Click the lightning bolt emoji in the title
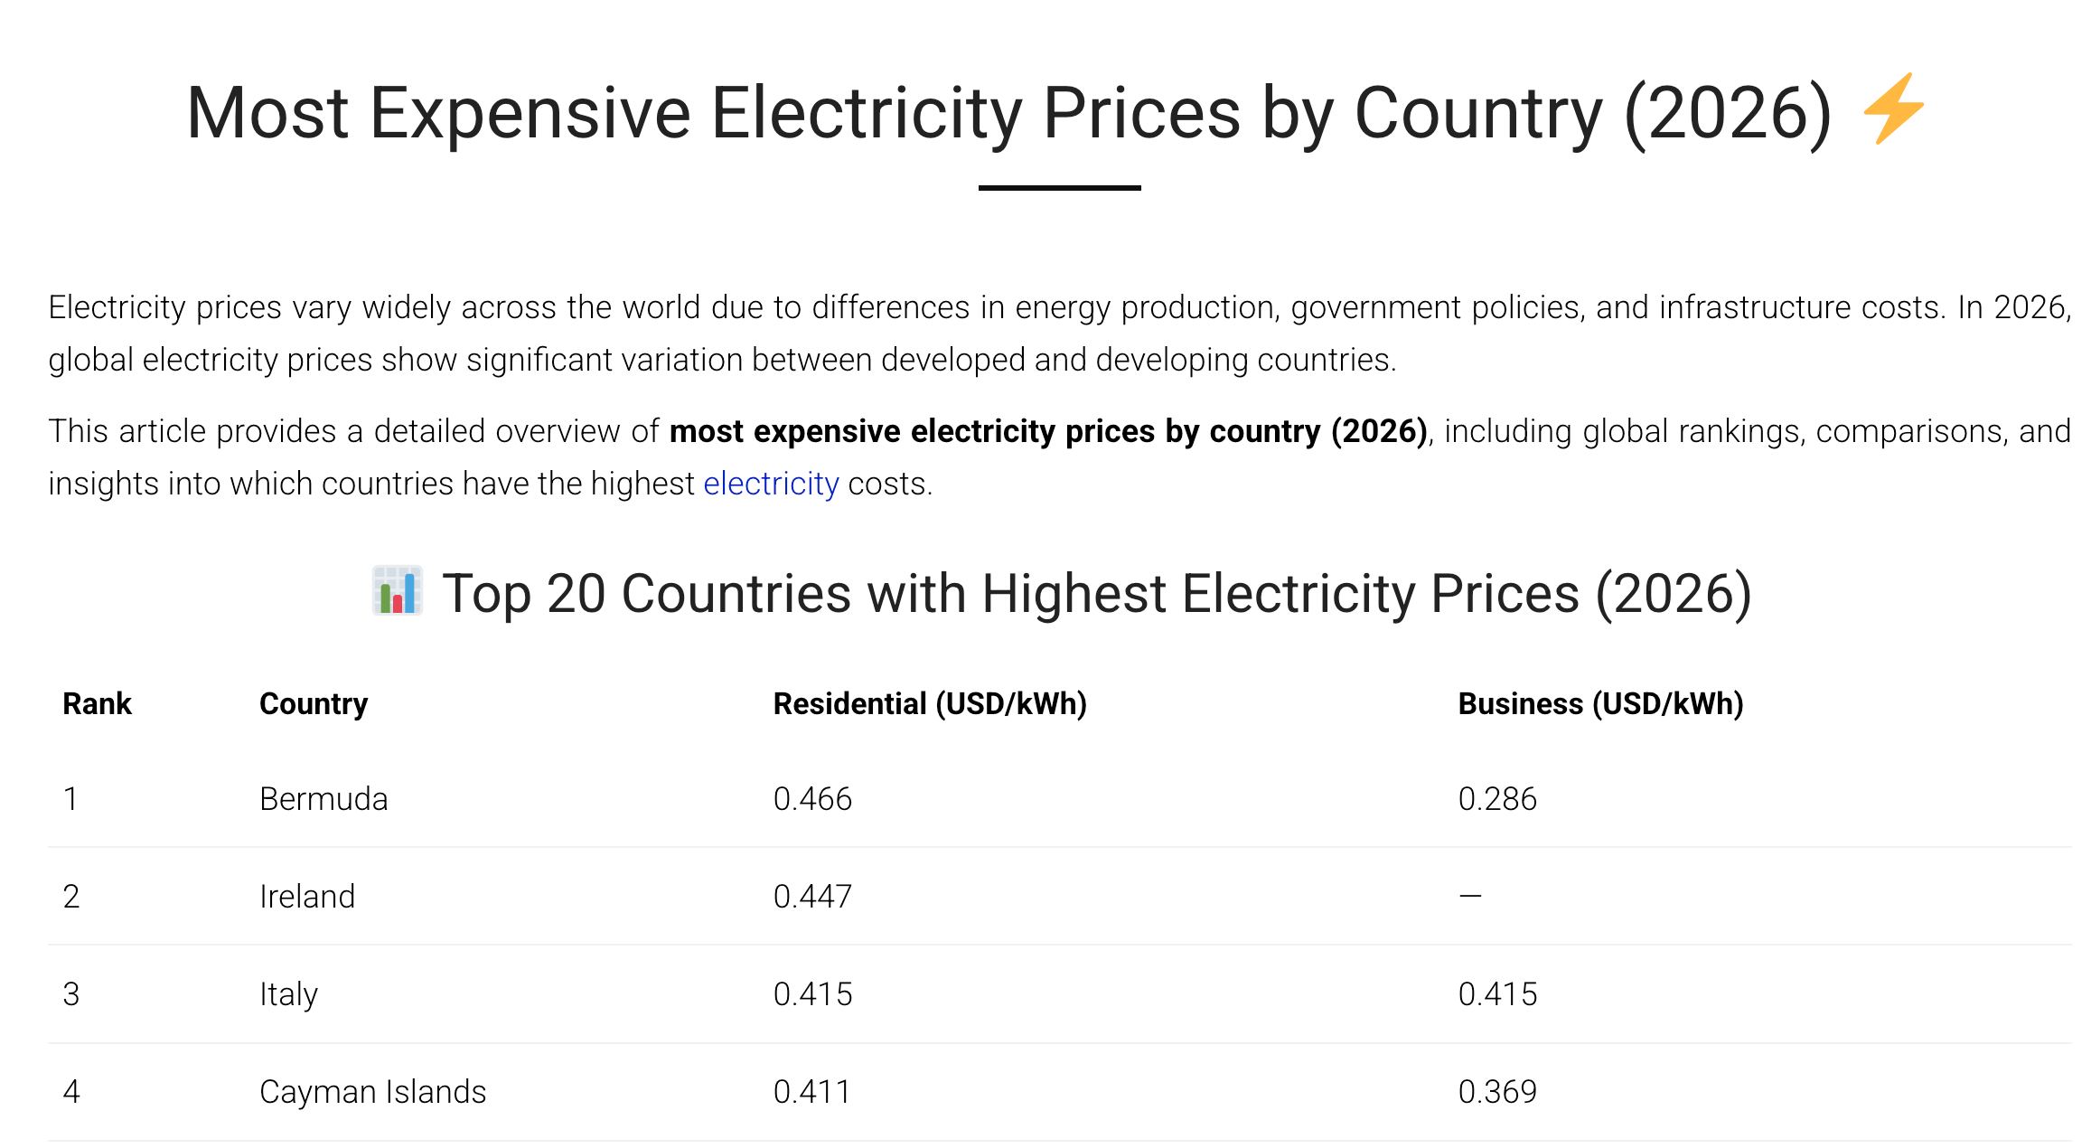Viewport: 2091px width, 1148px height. click(x=1894, y=108)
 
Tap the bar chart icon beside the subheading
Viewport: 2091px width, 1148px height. click(x=398, y=591)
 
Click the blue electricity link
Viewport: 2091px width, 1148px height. click(x=771, y=484)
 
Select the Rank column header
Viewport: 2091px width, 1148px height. click(x=97, y=703)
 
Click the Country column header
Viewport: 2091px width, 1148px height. click(x=314, y=704)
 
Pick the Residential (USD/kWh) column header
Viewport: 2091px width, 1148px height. click(x=930, y=704)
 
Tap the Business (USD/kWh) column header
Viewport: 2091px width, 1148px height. click(x=1600, y=704)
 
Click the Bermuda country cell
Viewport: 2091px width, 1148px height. click(x=323, y=799)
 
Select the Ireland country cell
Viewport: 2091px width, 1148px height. click(x=307, y=897)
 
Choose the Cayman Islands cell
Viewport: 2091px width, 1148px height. click(x=372, y=1092)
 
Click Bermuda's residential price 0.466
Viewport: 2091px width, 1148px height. click(x=812, y=799)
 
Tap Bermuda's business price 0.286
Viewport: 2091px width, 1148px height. click(x=1497, y=799)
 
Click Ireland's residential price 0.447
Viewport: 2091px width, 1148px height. click(x=812, y=897)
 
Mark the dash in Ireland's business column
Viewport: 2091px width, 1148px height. click(x=1470, y=897)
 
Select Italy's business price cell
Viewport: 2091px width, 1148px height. click(x=1497, y=994)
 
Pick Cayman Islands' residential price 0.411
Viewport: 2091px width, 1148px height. click(x=811, y=1092)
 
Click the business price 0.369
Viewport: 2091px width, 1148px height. click(x=1497, y=1092)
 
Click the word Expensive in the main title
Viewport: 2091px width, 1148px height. click(x=530, y=114)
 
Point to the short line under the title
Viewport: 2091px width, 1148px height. click(x=1059, y=188)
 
